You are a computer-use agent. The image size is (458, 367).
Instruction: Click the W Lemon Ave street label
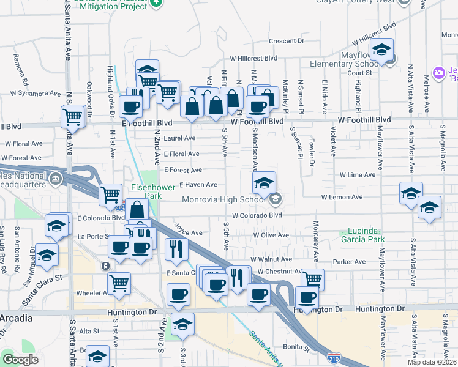(x=343, y=197)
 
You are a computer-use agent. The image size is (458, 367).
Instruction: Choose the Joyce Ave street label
(x=188, y=232)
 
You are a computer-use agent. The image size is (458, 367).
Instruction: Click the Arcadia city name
(x=19, y=319)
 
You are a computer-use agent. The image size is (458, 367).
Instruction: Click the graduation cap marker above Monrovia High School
(x=264, y=182)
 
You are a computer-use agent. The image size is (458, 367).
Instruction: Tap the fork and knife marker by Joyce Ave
(x=176, y=248)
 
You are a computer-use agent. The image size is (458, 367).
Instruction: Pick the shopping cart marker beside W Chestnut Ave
(x=312, y=279)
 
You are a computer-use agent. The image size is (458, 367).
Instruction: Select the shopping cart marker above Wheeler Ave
(x=118, y=283)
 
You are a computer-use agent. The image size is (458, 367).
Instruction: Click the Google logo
(x=20, y=360)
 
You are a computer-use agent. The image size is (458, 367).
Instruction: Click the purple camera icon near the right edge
(x=438, y=73)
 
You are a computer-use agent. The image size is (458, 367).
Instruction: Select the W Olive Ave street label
(x=271, y=235)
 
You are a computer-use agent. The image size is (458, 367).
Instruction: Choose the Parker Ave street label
(x=349, y=262)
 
